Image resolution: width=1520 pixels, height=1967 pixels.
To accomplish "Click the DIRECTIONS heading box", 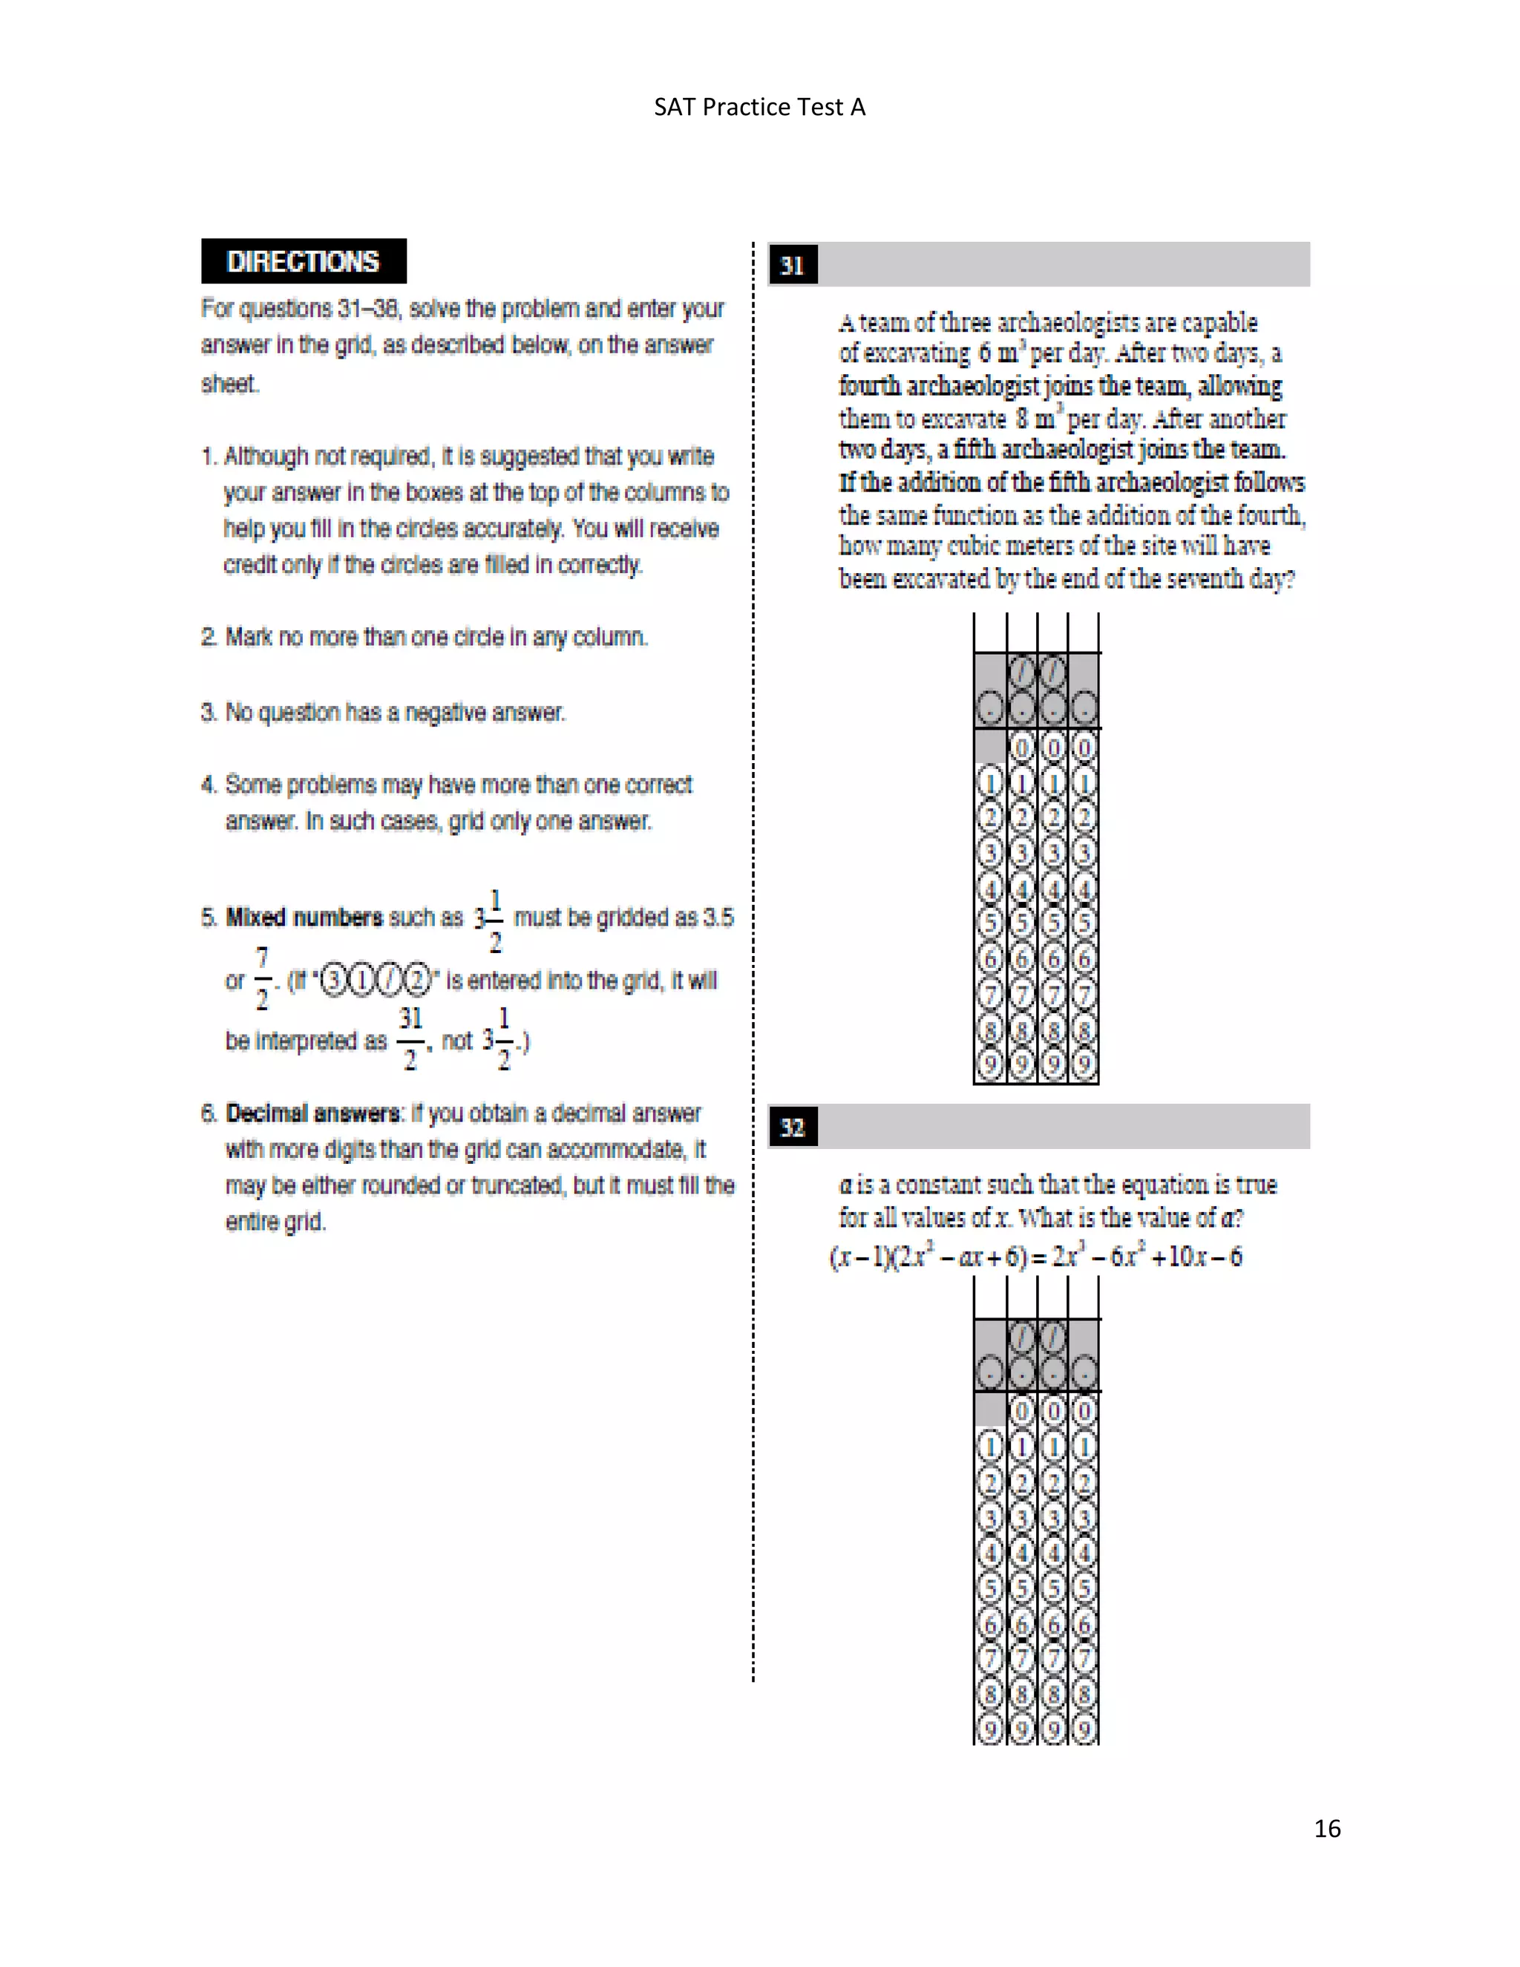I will coord(304,261).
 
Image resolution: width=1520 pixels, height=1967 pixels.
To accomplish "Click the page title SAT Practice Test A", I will coord(759,107).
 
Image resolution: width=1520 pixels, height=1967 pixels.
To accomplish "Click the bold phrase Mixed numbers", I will coord(304,917).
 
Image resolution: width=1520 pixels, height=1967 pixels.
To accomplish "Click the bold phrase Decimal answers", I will coord(312,1113).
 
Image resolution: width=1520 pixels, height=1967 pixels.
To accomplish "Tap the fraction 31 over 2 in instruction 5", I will coord(410,1038).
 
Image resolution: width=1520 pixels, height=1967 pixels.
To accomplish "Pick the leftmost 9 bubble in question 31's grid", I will coord(989,1064).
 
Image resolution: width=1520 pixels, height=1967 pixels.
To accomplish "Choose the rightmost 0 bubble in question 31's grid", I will coord(1084,747).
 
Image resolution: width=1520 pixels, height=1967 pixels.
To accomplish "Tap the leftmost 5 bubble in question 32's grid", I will coord(989,1587).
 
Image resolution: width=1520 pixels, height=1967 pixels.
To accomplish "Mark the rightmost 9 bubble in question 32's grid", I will coord(1084,1729).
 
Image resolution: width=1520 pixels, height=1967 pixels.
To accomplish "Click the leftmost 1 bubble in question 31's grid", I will coord(989,782).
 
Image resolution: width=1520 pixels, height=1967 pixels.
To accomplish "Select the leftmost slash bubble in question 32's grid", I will coord(1021,1338).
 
